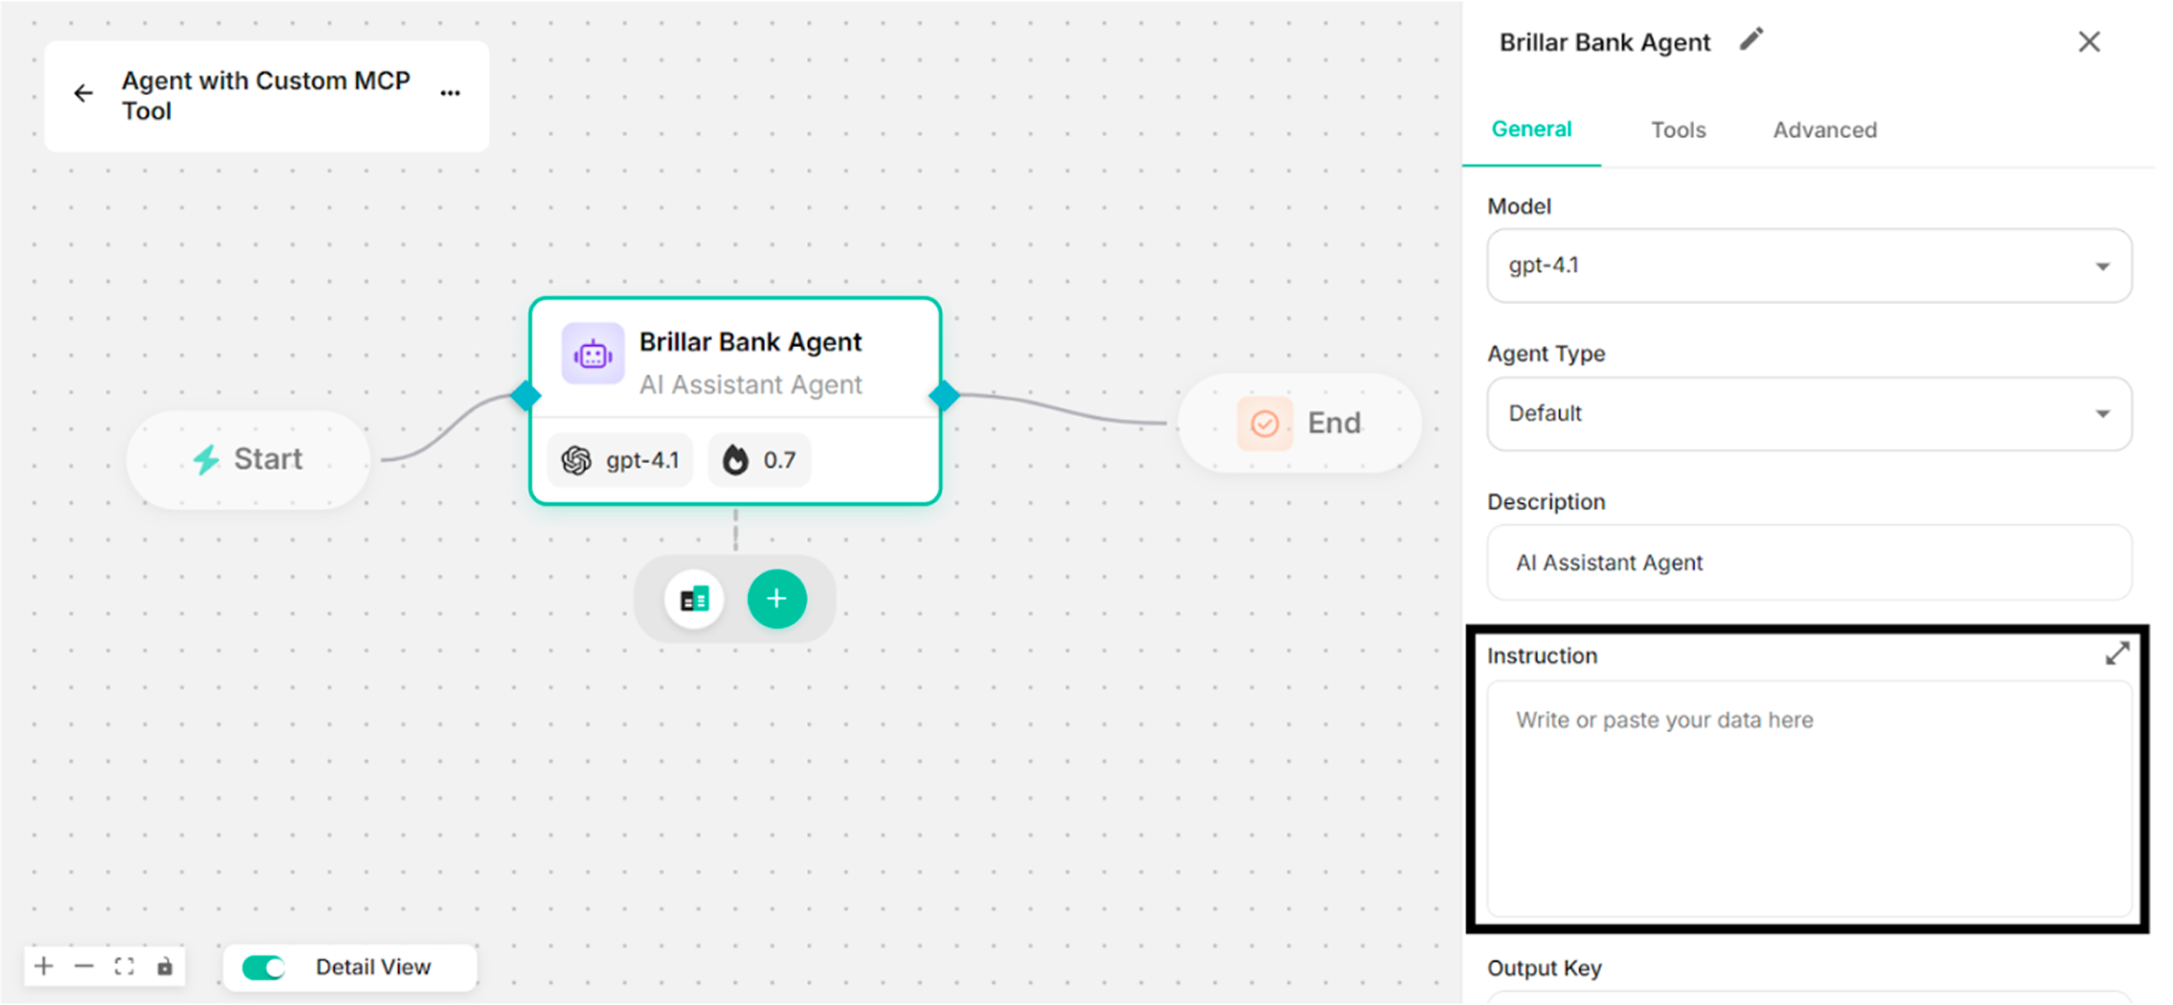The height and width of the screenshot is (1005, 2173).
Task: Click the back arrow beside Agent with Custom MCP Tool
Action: (84, 93)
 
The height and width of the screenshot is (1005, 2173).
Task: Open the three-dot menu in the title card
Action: (450, 93)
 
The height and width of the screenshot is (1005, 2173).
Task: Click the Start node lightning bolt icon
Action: (206, 459)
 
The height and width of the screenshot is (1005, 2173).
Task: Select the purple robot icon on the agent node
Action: (593, 354)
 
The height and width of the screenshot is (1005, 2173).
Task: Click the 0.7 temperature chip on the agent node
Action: (759, 460)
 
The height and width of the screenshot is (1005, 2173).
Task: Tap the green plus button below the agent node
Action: (777, 599)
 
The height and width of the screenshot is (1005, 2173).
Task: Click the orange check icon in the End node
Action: (1265, 423)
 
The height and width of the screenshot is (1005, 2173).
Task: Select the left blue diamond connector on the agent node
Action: (525, 395)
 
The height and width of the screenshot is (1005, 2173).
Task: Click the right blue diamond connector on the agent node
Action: (944, 395)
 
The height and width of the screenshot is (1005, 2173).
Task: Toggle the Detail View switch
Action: (263, 967)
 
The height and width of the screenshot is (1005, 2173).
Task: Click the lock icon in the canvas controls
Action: (165, 966)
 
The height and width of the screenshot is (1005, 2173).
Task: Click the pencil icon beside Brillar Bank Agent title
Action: (1751, 39)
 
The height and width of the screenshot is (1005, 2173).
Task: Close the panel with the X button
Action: (2089, 42)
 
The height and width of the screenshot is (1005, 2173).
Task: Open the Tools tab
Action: (1678, 130)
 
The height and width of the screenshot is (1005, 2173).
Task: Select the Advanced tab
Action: (1824, 130)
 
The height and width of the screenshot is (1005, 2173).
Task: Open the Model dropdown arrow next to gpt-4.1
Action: (2102, 267)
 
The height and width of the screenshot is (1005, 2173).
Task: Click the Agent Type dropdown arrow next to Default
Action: (2102, 414)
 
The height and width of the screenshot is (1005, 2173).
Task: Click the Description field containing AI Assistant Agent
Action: (1809, 563)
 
